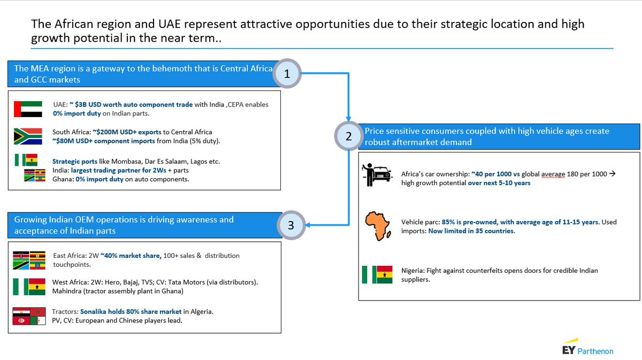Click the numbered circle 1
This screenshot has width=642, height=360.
(x=287, y=74)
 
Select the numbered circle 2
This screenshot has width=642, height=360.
(x=348, y=136)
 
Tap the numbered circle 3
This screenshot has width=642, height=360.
(x=291, y=225)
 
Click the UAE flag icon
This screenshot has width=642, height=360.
(x=28, y=109)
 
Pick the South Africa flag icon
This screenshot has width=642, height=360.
(x=28, y=136)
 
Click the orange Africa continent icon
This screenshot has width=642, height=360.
(x=378, y=226)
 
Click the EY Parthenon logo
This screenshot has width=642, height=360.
(x=587, y=347)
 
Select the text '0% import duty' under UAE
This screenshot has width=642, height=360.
(x=77, y=113)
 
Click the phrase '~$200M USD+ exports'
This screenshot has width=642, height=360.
(x=127, y=132)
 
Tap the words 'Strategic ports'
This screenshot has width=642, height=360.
(x=74, y=162)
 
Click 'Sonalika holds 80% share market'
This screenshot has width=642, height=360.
(x=131, y=311)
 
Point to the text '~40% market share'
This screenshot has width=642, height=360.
(x=131, y=256)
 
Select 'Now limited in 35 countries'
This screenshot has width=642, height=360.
(x=471, y=231)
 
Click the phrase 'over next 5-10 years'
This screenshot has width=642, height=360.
(x=499, y=183)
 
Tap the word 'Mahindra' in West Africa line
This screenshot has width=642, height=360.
(x=67, y=291)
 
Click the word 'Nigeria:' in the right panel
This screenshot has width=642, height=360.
(x=412, y=271)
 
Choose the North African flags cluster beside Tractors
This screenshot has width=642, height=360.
(x=29, y=316)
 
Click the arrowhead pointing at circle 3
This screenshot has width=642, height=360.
(x=308, y=225)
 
